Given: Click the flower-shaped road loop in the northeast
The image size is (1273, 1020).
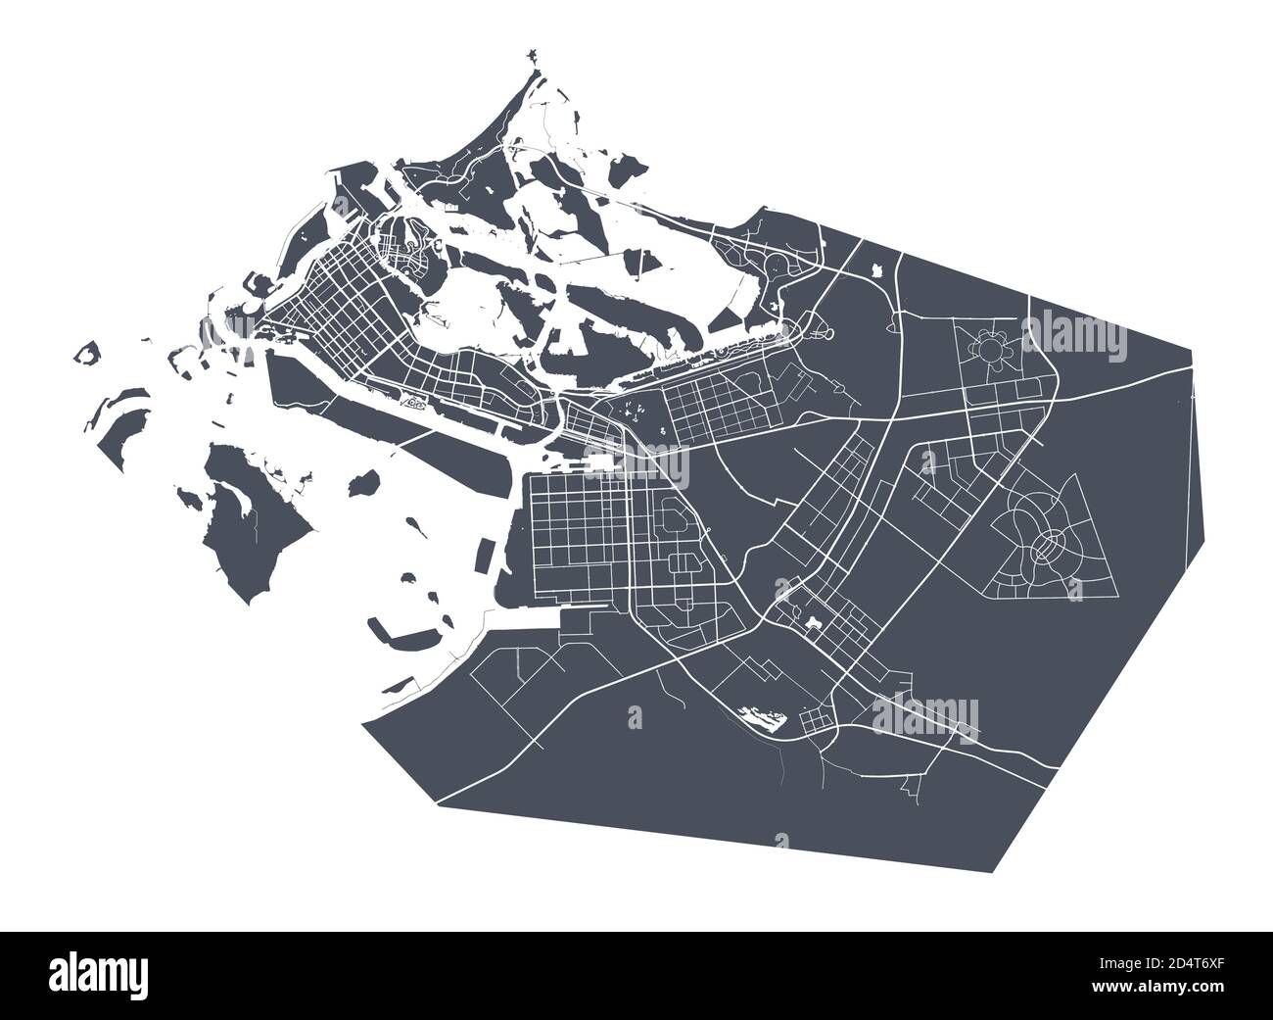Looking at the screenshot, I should [984, 349].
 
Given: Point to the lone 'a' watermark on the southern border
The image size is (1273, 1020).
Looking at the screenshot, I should [780, 841].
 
